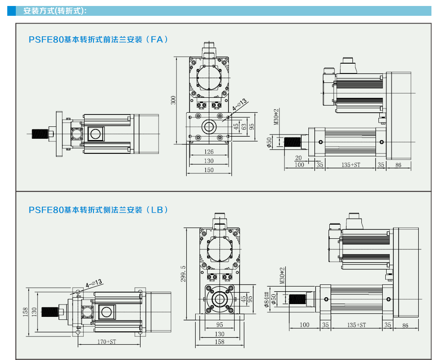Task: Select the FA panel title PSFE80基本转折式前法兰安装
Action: click(98, 40)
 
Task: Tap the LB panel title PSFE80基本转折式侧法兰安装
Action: click(98, 210)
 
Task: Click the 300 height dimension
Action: click(173, 100)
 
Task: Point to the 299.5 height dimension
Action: click(183, 273)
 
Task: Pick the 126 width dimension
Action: click(208, 152)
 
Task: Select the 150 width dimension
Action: click(208, 170)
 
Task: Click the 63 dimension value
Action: click(243, 126)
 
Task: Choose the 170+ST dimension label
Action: click(107, 342)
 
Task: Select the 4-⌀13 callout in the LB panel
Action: click(94, 283)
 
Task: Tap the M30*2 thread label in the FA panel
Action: click(276, 116)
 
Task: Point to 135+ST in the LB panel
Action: click(357, 325)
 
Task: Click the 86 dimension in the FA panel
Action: click(398, 164)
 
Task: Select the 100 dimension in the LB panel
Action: click(304, 325)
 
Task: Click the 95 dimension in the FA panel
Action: click(252, 126)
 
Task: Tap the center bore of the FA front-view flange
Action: click(209, 126)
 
